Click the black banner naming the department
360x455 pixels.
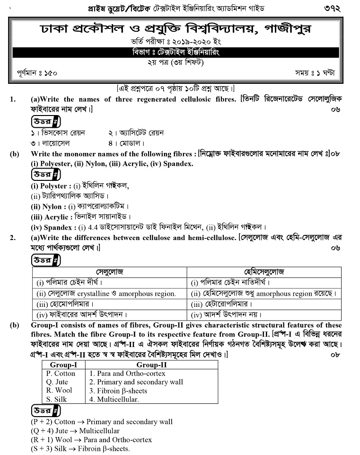click(176, 53)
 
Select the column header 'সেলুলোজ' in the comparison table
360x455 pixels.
click(109, 272)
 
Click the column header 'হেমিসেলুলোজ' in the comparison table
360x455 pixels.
click(264, 272)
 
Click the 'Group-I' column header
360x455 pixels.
click(63, 365)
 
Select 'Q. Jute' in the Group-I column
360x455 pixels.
click(57, 382)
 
